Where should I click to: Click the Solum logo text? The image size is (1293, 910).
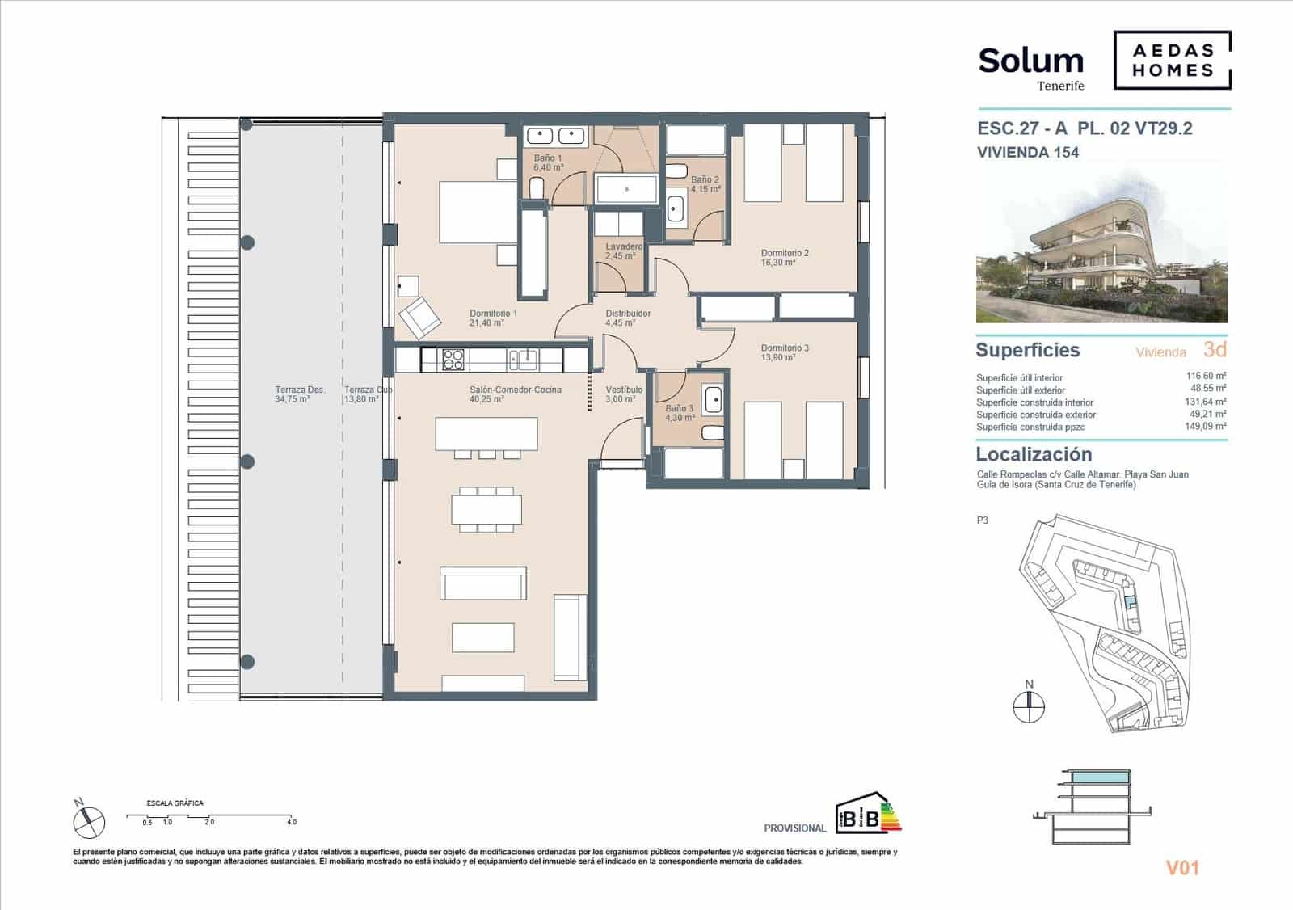pyautogui.click(x=1030, y=61)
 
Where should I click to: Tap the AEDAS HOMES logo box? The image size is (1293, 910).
pyautogui.click(x=1172, y=60)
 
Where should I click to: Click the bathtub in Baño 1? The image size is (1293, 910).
pyautogui.click(x=627, y=189)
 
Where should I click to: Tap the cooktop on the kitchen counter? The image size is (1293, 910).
pyautogui.click(x=452, y=358)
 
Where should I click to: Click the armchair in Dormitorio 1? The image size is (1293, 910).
pyautogui.click(x=419, y=317)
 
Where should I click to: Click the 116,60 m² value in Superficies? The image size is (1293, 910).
pyautogui.click(x=1206, y=377)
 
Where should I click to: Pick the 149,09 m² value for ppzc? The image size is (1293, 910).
pyautogui.click(x=1206, y=427)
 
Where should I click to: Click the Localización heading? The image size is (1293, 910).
pyautogui.click(x=1034, y=454)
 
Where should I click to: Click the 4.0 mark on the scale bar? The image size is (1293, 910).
pyautogui.click(x=292, y=822)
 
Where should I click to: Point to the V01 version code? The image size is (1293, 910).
pyautogui.click(x=1181, y=868)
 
